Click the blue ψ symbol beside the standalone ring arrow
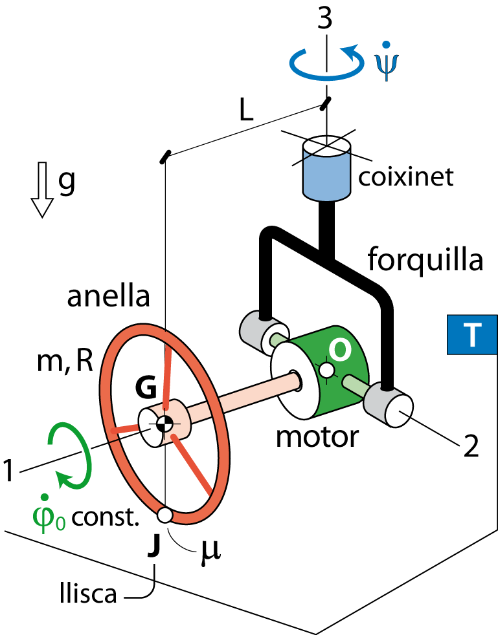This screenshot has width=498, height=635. point(386,65)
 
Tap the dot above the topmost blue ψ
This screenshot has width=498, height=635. point(386,45)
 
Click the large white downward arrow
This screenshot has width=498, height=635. point(42,188)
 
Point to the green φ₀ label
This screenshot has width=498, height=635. point(48,519)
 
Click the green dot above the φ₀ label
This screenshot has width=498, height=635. point(44,497)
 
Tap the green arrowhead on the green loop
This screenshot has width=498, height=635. point(63,479)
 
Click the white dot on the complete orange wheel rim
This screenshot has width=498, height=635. point(165,515)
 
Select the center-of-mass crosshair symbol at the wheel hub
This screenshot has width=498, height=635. point(164,424)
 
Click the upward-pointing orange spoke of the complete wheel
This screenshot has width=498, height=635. point(168,375)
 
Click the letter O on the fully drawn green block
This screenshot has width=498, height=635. point(340,350)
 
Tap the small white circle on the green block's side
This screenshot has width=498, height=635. point(327,370)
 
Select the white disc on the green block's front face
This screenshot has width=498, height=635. point(295,380)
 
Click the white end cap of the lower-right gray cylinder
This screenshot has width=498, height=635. point(398,411)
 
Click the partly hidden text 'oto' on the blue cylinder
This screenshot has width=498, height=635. point(326,438)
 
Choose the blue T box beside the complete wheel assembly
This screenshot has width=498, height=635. point(471,335)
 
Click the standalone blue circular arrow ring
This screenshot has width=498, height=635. point(326,63)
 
